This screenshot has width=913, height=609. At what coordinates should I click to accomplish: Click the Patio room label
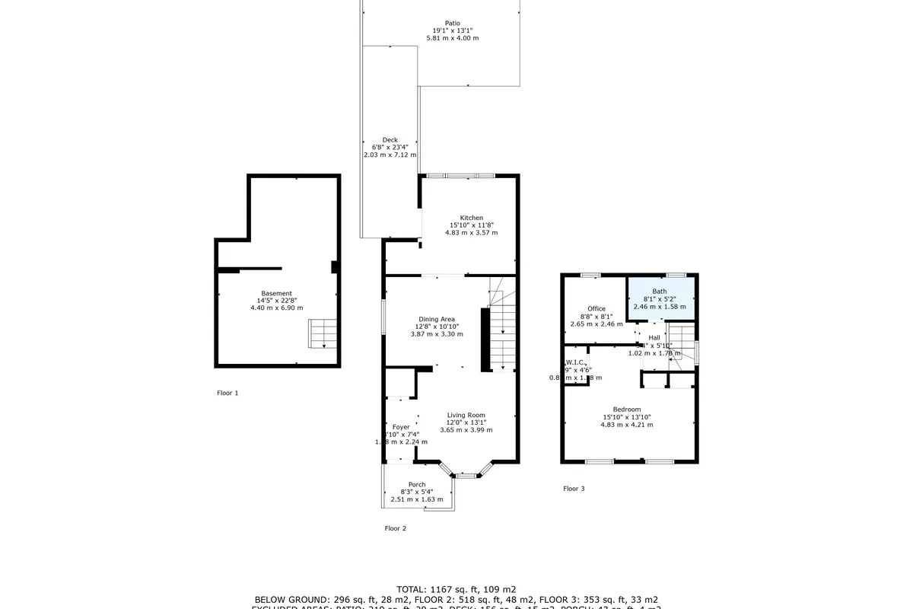click(x=453, y=23)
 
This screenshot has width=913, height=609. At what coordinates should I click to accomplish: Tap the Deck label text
click(x=390, y=140)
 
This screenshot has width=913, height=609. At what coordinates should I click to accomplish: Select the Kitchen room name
click(x=472, y=218)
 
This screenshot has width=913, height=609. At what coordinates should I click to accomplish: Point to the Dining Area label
click(x=437, y=319)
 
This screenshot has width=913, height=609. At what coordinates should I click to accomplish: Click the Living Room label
click(x=466, y=415)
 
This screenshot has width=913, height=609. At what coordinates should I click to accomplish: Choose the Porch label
click(x=417, y=484)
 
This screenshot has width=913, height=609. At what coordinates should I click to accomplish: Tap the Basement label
click(x=276, y=293)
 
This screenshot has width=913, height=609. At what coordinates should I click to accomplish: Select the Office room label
click(x=596, y=308)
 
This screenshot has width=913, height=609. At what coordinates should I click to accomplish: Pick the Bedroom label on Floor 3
click(x=627, y=410)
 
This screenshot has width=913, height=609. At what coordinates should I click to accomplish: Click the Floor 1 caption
click(x=227, y=393)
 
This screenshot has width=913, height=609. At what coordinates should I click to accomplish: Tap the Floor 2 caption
click(x=396, y=528)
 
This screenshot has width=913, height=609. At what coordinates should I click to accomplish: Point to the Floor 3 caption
click(x=574, y=488)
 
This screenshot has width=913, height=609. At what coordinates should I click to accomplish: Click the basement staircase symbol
click(x=321, y=333)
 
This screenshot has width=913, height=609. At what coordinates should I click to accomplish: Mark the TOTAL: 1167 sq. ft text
click(x=456, y=588)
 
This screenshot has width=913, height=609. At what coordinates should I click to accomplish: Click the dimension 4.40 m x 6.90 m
click(x=276, y=308)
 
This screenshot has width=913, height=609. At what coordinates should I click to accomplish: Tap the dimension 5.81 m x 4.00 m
click(x=453, y=37)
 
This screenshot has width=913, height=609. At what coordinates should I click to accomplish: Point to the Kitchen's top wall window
click(x=461, y=176)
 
